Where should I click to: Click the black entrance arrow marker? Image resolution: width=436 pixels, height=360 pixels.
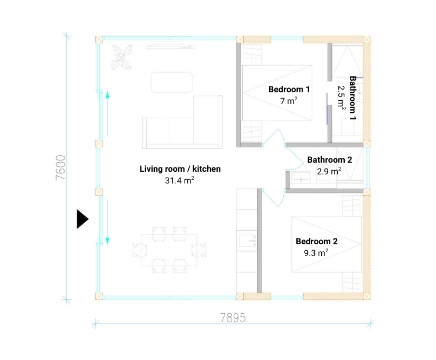[82, 219]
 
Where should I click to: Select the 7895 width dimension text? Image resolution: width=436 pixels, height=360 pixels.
[233, 318]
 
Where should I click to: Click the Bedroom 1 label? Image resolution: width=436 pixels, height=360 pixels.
[289, 89]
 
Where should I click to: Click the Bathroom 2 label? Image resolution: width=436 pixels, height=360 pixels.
[329, 159]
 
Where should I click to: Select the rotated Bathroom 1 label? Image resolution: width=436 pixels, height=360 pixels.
[352, 97]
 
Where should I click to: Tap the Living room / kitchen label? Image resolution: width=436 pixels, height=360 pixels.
[180, 169]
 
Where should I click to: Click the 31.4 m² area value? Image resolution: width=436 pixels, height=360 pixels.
[180, 181]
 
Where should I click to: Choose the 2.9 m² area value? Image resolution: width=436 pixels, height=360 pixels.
[329, 171]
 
